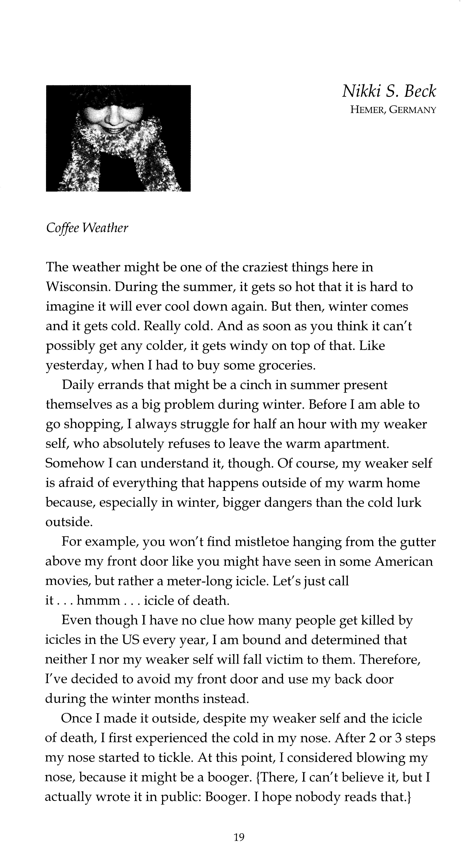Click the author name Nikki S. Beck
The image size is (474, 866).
point(389,91)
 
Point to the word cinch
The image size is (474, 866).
point(254,385)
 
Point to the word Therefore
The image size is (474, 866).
point(391,660)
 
